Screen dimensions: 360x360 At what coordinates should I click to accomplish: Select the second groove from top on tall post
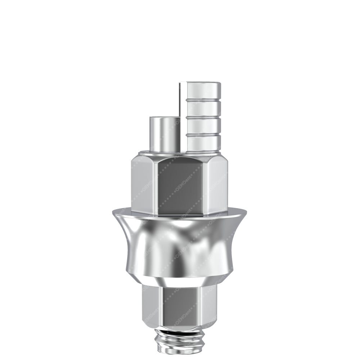[x=203, y=117]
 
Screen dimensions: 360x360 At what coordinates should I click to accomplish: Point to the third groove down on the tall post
[x=203, y=134]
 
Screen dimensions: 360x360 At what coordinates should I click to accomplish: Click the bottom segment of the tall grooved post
[x=203, y=143]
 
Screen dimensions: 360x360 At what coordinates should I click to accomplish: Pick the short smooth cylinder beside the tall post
[x=164, y=135]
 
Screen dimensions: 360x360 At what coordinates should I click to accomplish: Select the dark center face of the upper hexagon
[x=180, y=185]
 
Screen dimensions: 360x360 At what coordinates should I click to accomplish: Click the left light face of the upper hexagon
[x=142, y=185]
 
